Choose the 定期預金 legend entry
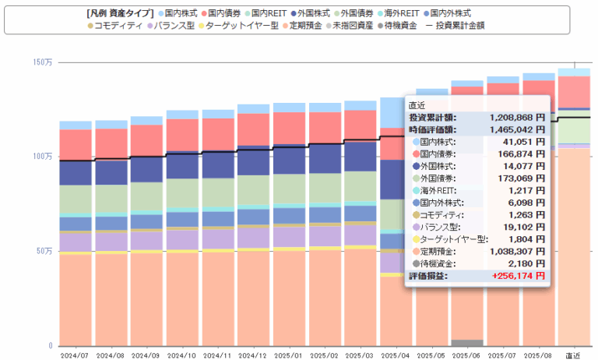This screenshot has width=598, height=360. click(x=306, y=26)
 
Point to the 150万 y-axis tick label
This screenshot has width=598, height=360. click(x=43, y=62)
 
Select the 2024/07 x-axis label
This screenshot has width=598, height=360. click(x=76, y=355)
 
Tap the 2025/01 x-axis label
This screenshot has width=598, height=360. click(x=288, y=355)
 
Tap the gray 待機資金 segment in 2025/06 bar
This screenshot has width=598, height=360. click(x=466, y=343)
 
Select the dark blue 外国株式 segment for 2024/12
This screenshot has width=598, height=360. click(x=252, y=160)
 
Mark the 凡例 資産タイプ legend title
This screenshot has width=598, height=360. click(x=118, y=13)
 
